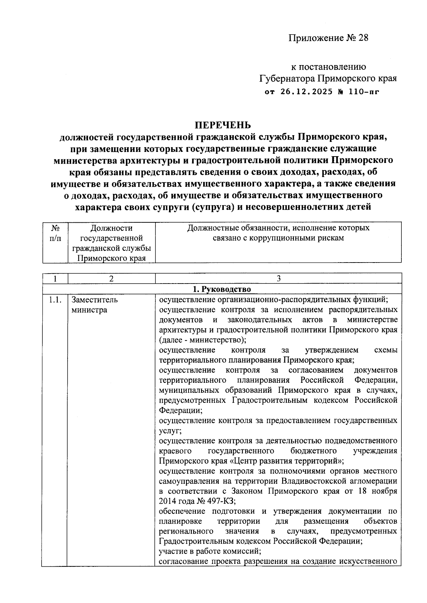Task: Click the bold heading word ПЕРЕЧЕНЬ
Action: point(222,125)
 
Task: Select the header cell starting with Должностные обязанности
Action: point(278,233)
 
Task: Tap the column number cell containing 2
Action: point(111,279)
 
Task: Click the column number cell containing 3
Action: point(278,279)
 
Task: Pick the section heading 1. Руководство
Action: point(222,289)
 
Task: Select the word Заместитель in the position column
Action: point(94,300)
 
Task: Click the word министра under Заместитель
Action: point(89,310)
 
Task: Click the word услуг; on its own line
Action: point(170,431)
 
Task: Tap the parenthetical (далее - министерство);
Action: point(202,340)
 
